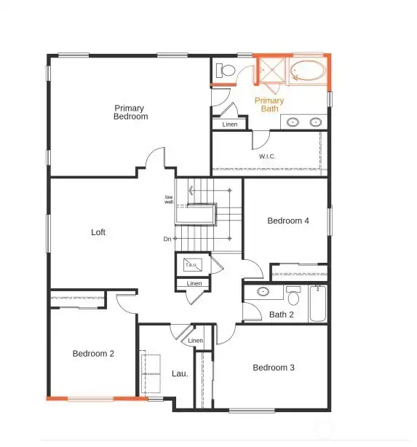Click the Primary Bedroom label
tap(131, 112)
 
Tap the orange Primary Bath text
tap(269, 104)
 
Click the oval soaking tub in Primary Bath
tap(309, 72)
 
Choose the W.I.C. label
tap(267, 157)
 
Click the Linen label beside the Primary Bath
tap(230, 124)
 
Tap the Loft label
tap(98, 232)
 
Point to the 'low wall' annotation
tap(169, 199)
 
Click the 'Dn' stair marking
tap(167, 239)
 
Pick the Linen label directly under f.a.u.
tap(194, 283)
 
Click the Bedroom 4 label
tap(288, 221)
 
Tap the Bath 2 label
tap(282, 315)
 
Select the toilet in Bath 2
tap(293, 296)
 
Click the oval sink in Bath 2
tap(263, 293)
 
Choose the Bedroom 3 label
tap(274, 368)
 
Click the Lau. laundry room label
tap(180, 373)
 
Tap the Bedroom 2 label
tap(93, 354)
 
